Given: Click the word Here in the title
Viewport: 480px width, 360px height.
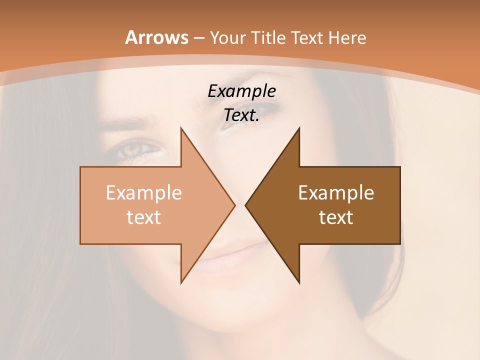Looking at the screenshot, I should tap(348, 38).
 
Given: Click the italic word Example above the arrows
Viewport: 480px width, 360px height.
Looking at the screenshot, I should tap(241, 91).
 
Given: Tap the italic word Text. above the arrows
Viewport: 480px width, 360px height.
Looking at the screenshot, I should tap(241, 115).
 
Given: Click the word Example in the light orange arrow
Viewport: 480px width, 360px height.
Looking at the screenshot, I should tap(143, 193).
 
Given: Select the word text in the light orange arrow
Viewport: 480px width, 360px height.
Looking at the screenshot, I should tap(143, 217).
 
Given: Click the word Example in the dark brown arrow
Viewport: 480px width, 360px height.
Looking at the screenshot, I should tap(336, 193).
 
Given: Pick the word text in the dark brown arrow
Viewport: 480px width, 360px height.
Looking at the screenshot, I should tap(336, 217).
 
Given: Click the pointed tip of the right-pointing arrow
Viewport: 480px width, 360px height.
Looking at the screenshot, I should tap(234, 205).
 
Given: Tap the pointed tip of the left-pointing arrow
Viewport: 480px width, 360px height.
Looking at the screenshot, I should tap(245, 205).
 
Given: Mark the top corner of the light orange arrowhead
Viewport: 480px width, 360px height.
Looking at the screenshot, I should tap(181, 128).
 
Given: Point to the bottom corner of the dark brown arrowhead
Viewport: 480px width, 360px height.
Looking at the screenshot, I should tap(299, 282).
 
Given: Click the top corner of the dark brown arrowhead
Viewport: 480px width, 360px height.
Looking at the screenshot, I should tap(299, 128).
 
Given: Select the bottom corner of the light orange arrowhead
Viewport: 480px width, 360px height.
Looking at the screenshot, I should tap(181, 282).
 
